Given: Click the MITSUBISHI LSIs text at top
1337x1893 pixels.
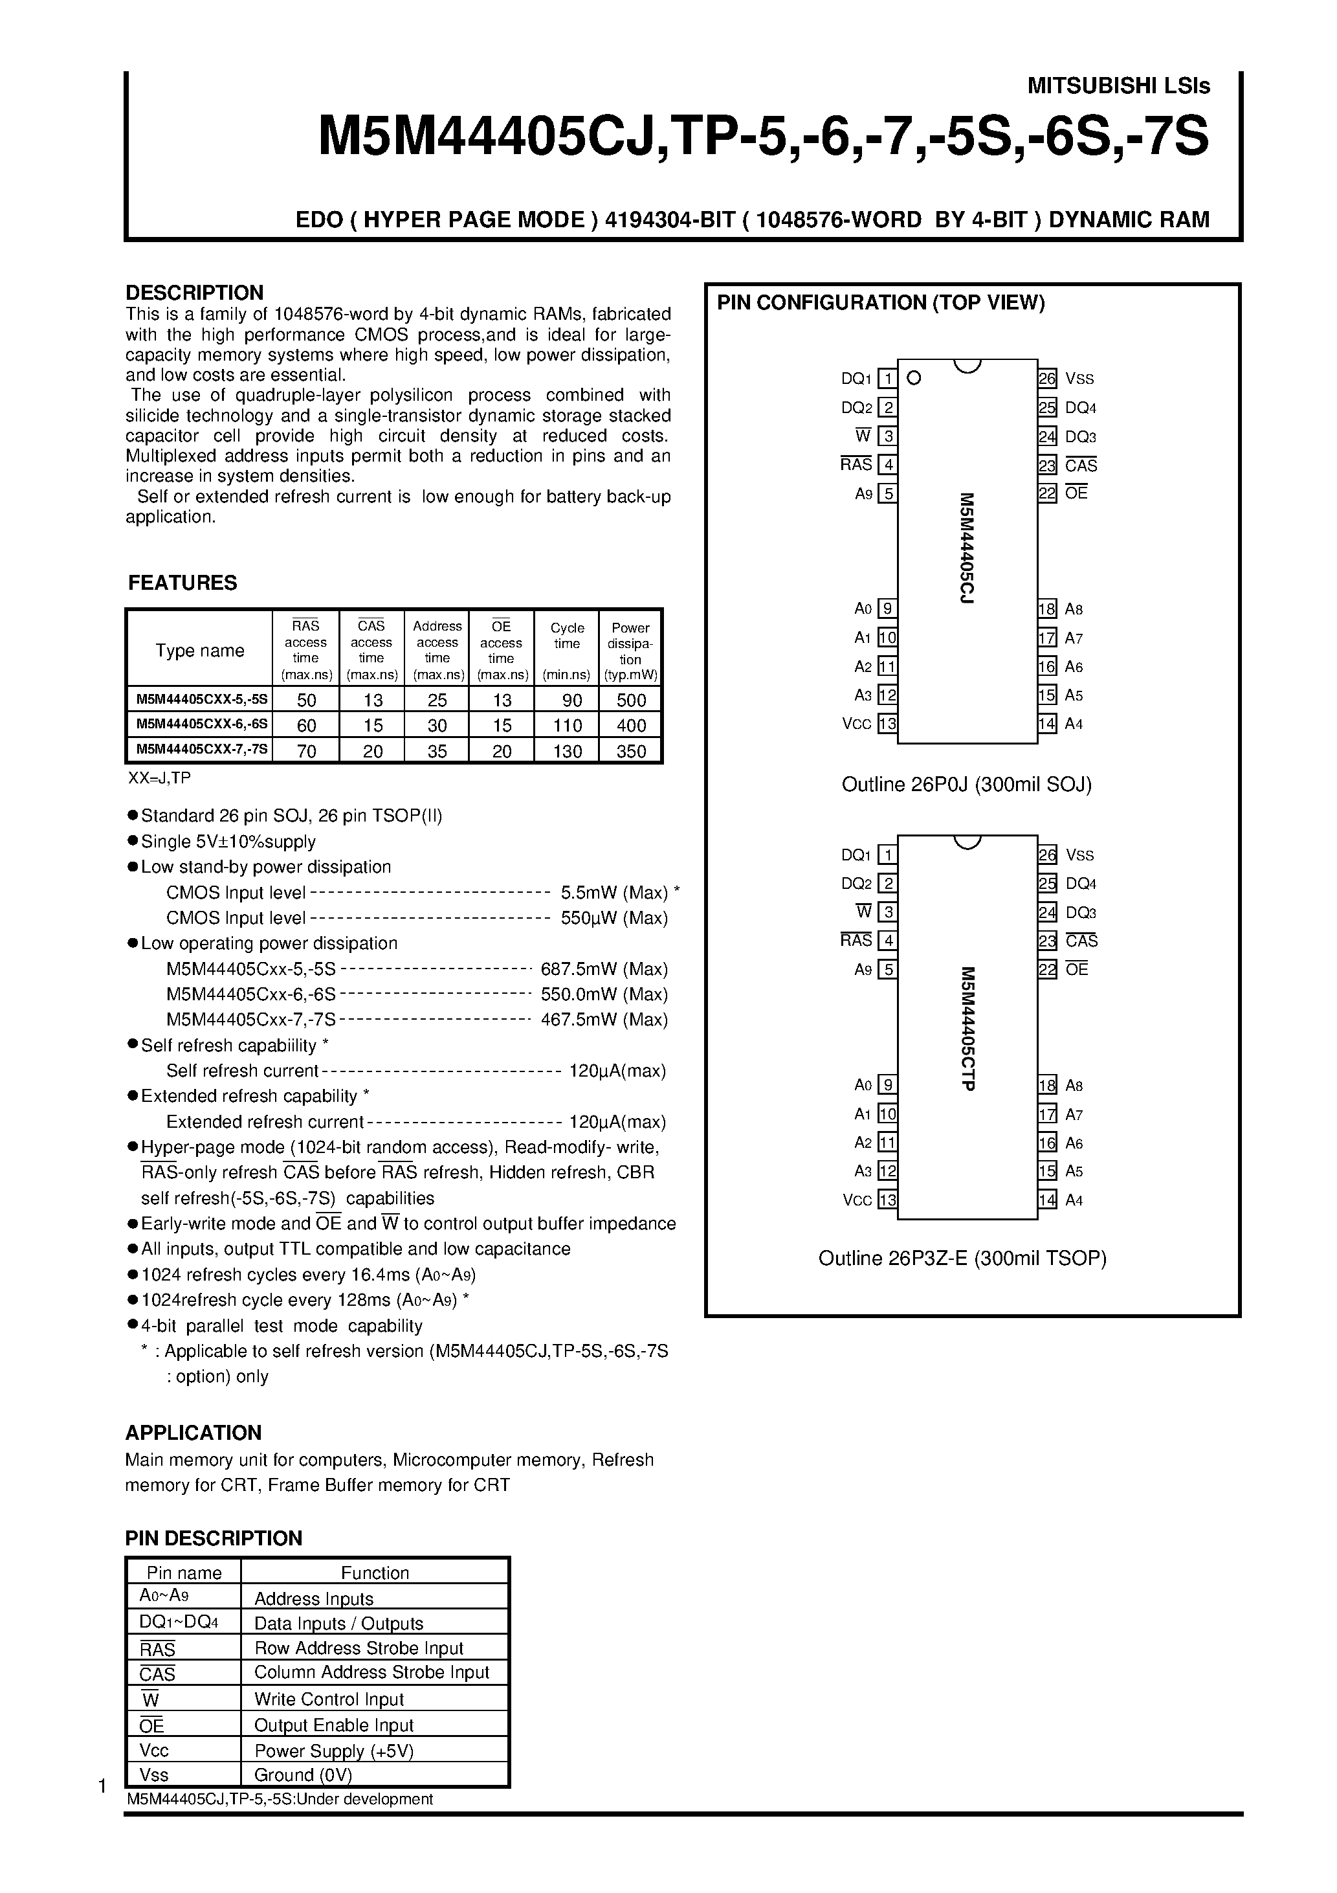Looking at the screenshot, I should (1118, 85).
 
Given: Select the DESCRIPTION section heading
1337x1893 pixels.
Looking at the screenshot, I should (195, 293).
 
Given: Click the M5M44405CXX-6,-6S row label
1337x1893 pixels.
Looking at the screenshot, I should (201, 726).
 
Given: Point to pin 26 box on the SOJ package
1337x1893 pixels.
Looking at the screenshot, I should (1047, 379).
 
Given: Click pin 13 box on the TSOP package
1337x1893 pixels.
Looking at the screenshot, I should (888, 1200).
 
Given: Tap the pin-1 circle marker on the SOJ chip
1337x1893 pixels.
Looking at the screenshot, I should (913, 379).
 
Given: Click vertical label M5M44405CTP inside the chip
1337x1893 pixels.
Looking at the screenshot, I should (967, 1028).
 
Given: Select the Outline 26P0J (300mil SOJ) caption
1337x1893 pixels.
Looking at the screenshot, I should (966, 784).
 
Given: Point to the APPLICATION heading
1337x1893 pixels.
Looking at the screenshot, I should (193, 1432).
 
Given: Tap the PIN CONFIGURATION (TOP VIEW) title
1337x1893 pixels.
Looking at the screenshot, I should (880, 302).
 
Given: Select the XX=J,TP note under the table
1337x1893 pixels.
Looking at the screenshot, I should (159, 778).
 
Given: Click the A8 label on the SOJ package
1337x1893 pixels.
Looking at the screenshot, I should (1073, 609).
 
